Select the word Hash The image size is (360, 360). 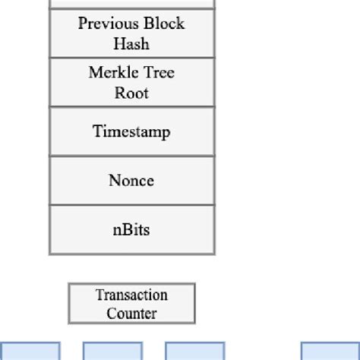(131, 43)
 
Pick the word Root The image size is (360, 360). (131, 93)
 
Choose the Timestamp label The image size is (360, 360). (131, 131)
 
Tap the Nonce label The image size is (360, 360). (131, 180)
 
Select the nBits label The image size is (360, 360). (131, 229)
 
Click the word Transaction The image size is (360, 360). (131, 295)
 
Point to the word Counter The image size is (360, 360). (131, 314)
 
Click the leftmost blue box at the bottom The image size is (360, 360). (30, 351)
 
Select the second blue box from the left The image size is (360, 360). (113, 351)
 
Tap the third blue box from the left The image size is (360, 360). (195, 351)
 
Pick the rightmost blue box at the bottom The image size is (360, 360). (330, 351)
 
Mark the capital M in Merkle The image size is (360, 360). (95, 72)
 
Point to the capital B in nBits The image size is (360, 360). (125, 229)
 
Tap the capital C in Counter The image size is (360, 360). (112, 314)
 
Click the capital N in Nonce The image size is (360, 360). (115, 180)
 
